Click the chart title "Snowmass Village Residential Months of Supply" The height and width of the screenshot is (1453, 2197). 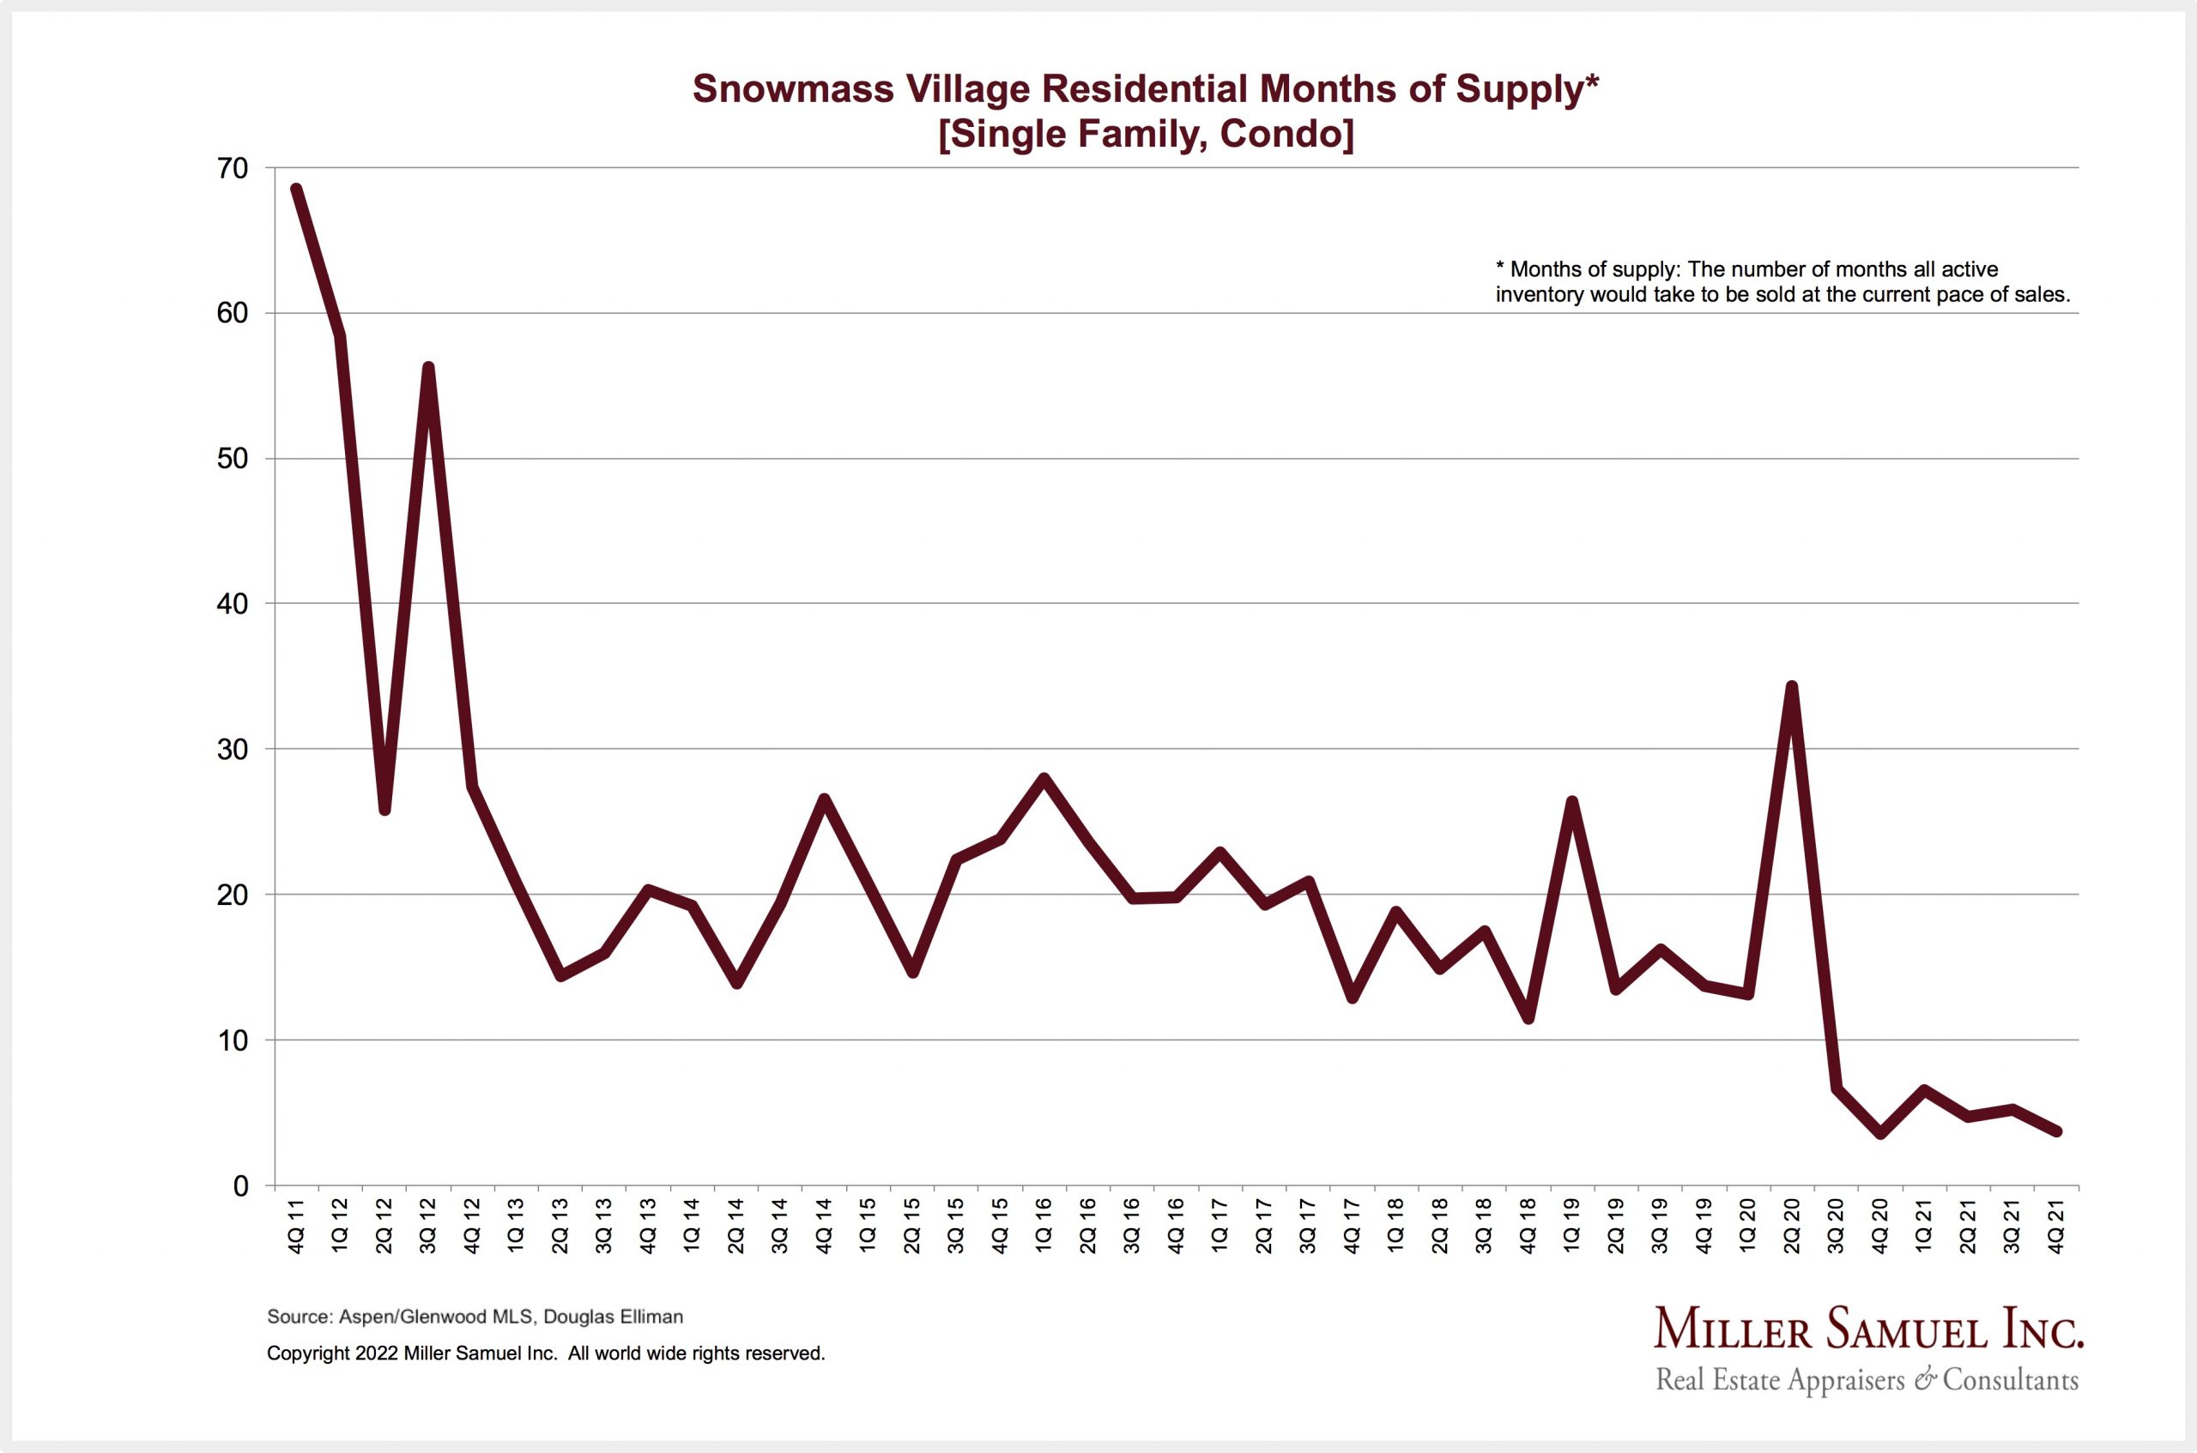1146,89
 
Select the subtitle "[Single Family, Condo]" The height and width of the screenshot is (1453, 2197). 1146,135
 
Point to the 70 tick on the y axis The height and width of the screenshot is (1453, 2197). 233,169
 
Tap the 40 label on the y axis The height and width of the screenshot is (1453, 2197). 233,604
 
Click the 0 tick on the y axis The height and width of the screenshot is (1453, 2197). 241,1186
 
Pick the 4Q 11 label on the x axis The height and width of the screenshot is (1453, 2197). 296,1226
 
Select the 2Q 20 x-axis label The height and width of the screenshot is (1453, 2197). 1791,1226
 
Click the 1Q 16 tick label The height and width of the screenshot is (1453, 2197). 1044,1226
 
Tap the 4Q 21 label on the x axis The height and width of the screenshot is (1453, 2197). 2055,1226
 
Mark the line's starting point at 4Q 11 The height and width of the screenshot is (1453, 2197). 296,189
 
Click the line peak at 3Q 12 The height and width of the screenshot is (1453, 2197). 428,368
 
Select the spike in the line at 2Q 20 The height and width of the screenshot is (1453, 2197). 1792,687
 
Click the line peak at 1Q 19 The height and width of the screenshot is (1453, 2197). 1572,802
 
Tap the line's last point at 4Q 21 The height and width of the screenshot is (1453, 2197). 2056,1131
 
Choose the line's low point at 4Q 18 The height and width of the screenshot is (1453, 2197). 1528,1019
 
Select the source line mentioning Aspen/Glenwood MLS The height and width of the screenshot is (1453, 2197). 475,1317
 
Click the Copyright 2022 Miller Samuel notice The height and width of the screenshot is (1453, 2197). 545,1353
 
